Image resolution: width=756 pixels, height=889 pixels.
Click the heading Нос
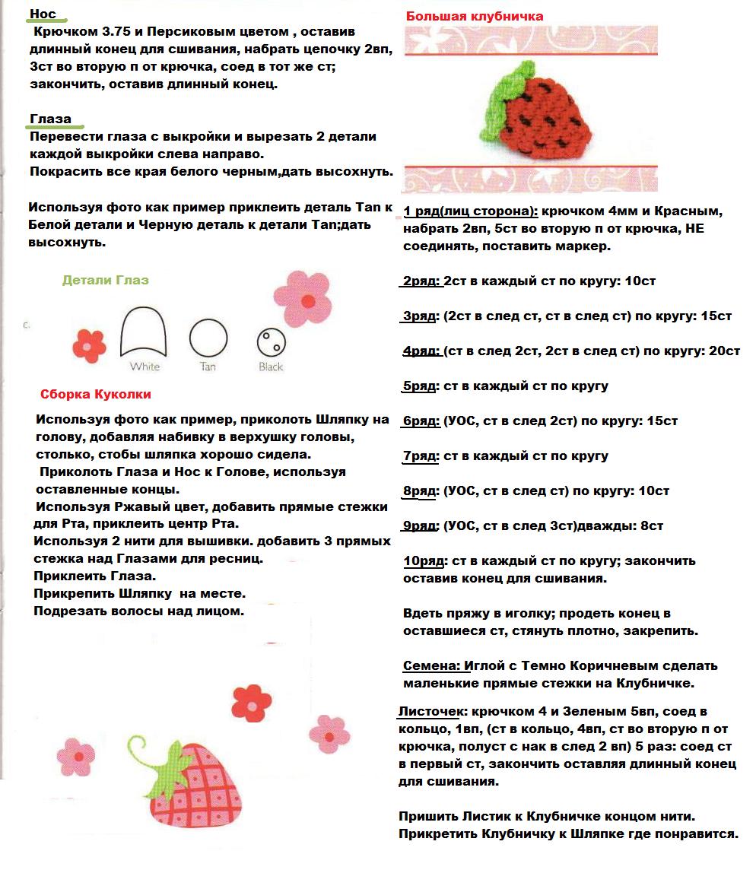pyautogui.click(x=43, y=14)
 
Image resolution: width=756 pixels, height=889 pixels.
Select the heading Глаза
pyautogui.click(x=51, y=119)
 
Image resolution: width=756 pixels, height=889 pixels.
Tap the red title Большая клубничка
pyautogui.click(x=474, y=16)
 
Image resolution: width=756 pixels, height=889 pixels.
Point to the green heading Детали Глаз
pyautogui.click(x=105, y=280)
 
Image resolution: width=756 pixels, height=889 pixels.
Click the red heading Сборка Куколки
pyautogui.click(x=95, y=394)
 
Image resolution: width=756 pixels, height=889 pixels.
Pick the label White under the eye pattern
pyautogui.click(x=145, y=367)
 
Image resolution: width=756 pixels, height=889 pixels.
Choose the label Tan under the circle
pyautogui.click(x=208, y=367)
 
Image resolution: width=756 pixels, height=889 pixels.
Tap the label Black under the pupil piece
pyautogui.click(x=271, y=367)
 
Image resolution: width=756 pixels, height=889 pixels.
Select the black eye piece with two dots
pyautogui.click(x=271, y=343)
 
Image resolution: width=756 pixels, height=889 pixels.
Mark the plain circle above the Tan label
pyautogui.click(x=208, y=337)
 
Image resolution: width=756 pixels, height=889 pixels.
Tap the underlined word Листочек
pyautogui.click(x=431, y=712)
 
